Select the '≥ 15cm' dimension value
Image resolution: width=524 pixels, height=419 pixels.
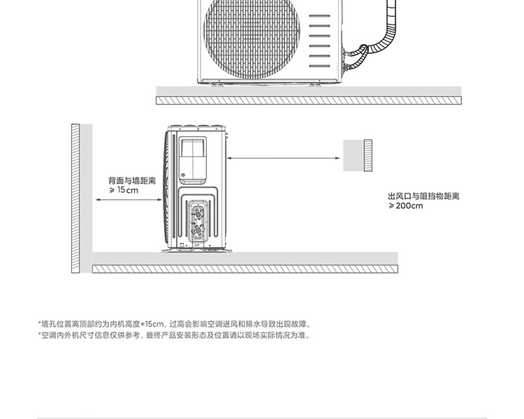(123, 190)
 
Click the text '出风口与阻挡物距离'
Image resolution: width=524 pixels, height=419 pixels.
(423, 196)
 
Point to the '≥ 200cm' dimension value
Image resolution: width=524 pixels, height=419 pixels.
(406, 206)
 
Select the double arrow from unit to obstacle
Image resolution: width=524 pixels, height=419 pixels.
(284, 159)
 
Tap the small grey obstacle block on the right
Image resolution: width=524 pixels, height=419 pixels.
(358, 155)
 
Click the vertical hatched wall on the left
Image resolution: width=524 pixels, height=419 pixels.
(75, 199)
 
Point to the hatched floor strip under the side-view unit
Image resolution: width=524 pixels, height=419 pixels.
(245, 269)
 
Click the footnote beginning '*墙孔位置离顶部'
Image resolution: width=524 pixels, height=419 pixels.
(174, 324)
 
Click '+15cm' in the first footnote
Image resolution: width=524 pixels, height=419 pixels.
(152, 324)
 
